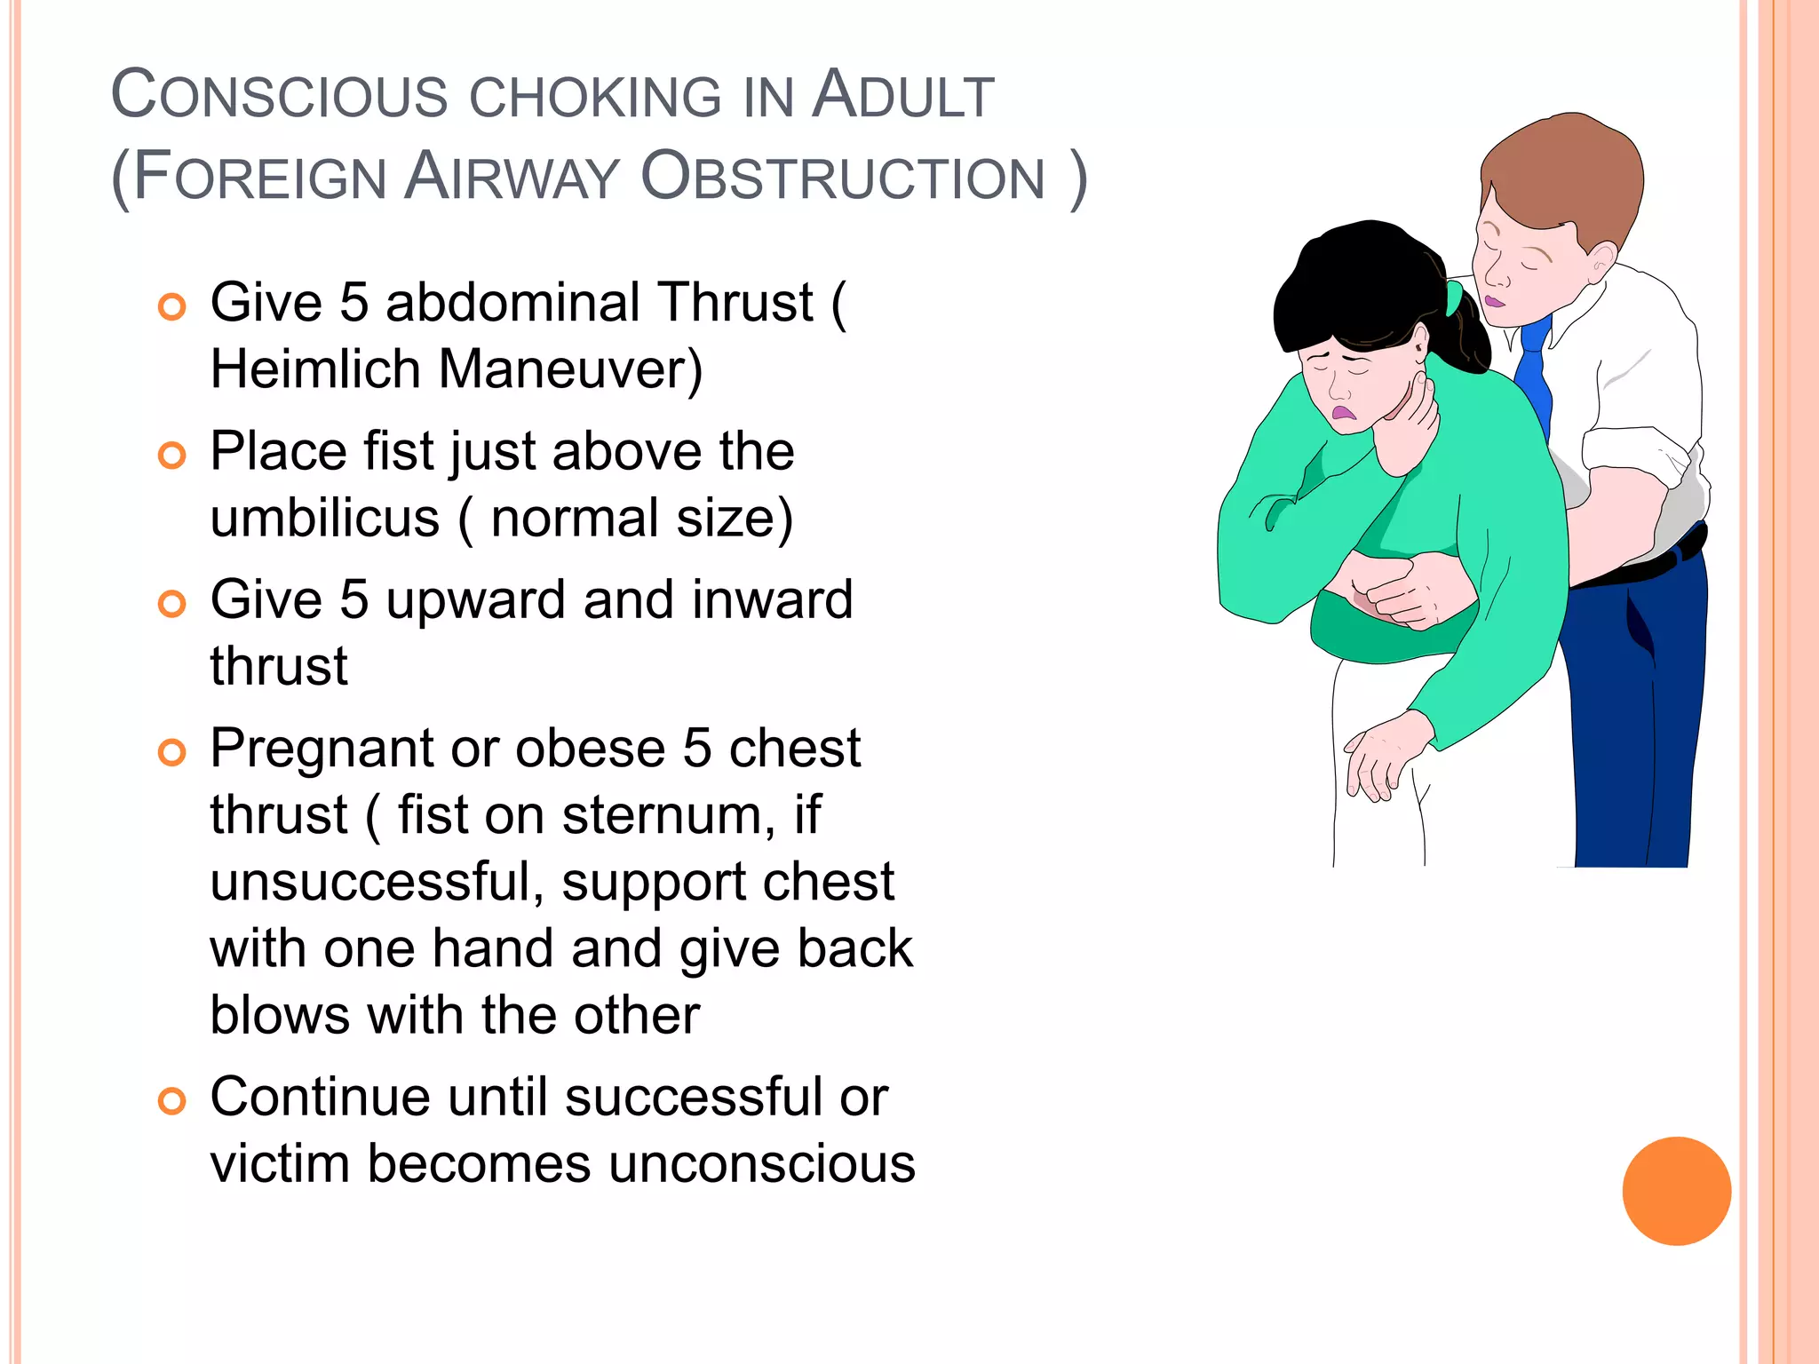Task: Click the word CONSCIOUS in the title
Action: tap(280, 95)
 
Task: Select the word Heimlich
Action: tap(315, 369)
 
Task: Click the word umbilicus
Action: tap(324, 518)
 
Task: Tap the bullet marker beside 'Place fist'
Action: tap(171, 456)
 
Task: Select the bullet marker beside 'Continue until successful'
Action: tap(171, 1101)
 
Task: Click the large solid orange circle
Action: tap(1676, 1191)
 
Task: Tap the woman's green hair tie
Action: tap(1453, 298)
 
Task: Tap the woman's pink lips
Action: tap(1343, 413)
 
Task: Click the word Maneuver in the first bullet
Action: tap(568, 369)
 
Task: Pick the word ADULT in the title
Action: tap(903, 95)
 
